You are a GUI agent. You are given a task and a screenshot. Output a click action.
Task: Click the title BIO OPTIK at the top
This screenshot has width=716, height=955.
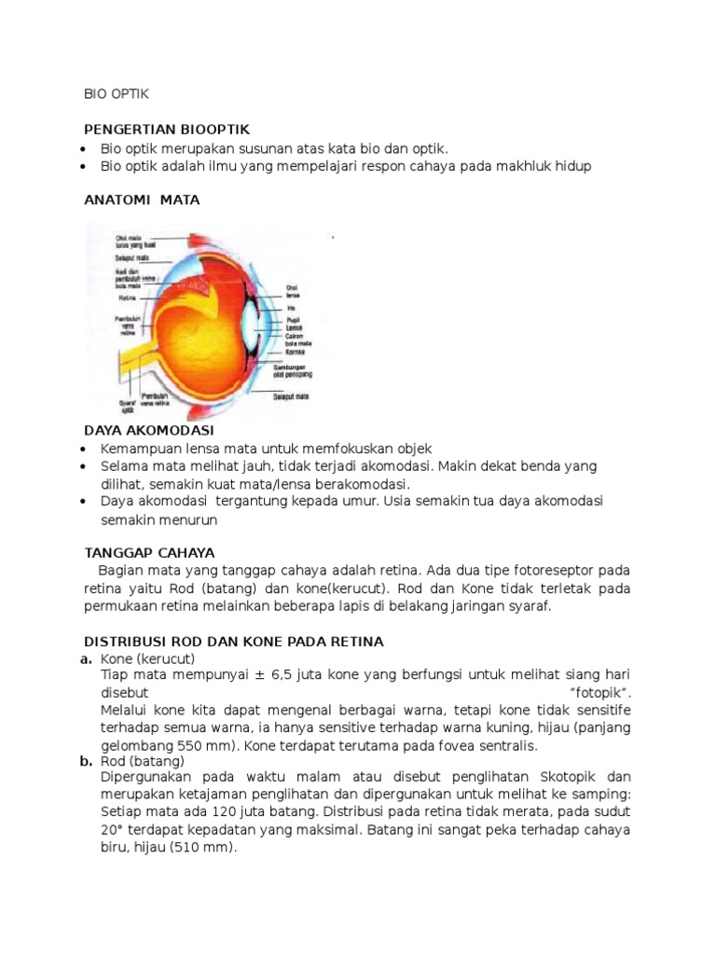117,94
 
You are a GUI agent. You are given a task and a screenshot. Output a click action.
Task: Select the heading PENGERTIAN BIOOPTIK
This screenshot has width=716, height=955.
167,129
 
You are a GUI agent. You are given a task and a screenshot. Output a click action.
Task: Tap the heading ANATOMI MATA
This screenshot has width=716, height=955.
142,200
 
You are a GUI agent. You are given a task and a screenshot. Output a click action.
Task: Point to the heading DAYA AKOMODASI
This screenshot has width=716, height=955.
149,430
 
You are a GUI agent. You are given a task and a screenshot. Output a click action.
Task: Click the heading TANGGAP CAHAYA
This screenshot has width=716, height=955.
149,551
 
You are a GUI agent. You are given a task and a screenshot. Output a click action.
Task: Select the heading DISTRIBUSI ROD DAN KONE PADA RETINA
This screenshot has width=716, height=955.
234,642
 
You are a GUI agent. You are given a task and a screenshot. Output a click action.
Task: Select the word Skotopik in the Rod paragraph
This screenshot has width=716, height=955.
573,777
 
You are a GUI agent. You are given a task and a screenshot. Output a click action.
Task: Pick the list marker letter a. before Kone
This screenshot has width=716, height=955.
86,659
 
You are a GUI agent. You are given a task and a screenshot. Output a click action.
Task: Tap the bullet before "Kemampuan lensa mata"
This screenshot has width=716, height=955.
86,449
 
